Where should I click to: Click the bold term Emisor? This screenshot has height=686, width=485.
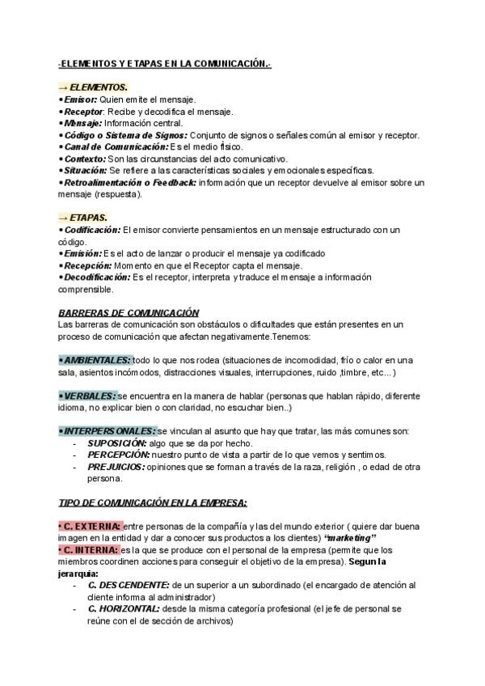(80, 99)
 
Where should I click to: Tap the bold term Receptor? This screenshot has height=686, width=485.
(83, 111)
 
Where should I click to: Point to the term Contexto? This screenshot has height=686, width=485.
(85, 159)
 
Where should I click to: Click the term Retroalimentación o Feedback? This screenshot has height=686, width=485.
(129, 183)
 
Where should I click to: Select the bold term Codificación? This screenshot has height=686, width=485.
(92, 230)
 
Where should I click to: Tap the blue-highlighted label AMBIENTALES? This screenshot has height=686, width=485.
(95, 359)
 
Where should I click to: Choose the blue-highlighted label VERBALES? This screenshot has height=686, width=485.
(88, 396)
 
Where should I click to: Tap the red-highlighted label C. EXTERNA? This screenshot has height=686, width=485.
(90, 526)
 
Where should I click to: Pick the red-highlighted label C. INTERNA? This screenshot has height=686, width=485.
(89, 549)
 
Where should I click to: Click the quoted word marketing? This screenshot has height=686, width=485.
(350, 538)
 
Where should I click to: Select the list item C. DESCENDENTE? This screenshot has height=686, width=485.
(129, 585)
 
